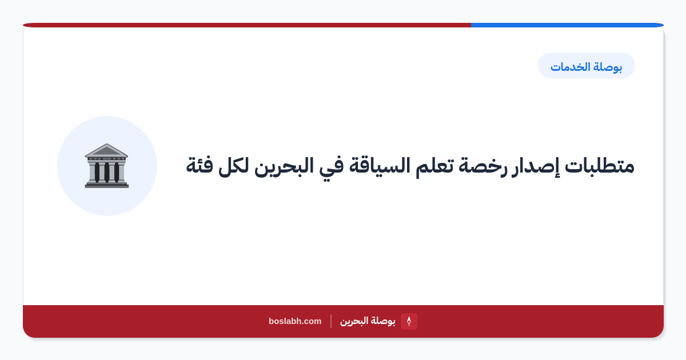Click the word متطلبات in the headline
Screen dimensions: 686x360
click(599, 166)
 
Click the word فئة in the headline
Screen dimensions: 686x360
click(200, 166)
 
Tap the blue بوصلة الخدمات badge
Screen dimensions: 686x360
click(586, 66)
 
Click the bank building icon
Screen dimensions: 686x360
click(106, 166)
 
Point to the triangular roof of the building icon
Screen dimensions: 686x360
click(106, 150)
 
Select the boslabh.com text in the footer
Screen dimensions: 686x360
click(295, 321)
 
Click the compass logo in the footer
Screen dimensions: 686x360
click(409, 321)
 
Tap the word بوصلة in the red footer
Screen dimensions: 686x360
click(382, 321)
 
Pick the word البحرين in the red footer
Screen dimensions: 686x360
click(354, 321)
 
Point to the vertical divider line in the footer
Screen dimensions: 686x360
click(331, 321)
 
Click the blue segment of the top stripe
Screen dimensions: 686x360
click(567, 25)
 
